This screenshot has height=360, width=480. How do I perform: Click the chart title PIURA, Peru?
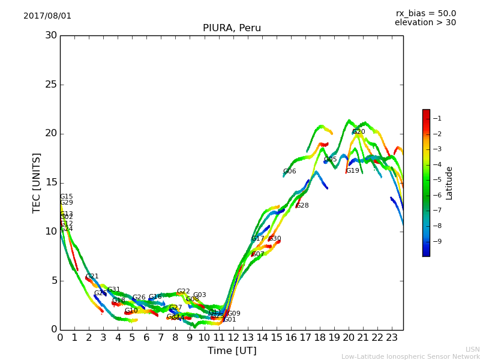click(232, 28)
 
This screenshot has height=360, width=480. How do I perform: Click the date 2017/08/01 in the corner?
click(47, 16)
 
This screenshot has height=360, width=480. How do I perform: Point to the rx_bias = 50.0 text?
click(425, 14)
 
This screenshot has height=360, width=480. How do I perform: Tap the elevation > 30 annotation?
click(425, 23)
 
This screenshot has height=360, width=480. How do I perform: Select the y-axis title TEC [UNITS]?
click(37, 182)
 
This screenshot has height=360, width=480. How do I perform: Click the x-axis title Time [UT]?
click(232, 351)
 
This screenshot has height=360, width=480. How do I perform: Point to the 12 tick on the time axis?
click(233, 338)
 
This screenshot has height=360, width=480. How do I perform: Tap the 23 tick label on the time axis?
click(392, 338)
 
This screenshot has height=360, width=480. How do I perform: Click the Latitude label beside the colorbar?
click(449, 183)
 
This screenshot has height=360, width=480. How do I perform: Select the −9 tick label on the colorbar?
click(437, 241)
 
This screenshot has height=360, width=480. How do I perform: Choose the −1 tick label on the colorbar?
click(437, 118)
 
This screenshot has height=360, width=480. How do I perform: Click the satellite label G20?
click(358, 132)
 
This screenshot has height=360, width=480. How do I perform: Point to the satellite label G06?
click(289, 172)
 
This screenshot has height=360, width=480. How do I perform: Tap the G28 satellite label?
click(302, 206)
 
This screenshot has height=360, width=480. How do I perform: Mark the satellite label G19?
click(352, 171)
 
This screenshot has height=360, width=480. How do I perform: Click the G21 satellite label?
click(92, 277)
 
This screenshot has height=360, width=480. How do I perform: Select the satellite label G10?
click(131, 311)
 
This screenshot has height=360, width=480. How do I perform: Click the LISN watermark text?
click(472, 349)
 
